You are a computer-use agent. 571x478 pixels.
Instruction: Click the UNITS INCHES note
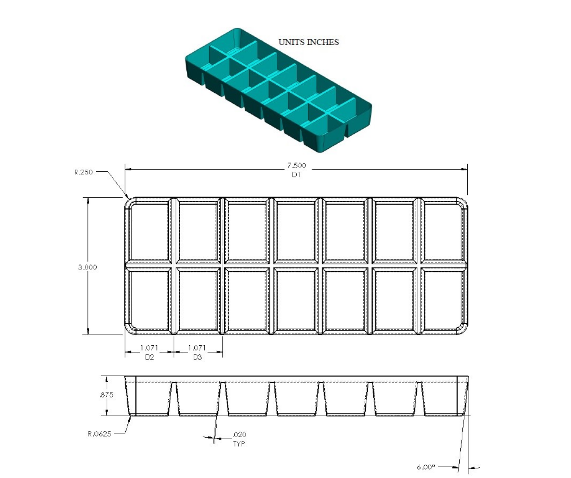[309, 42]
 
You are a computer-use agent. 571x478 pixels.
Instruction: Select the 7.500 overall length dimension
[296, 166]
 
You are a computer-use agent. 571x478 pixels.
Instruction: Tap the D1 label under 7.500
[296, 175]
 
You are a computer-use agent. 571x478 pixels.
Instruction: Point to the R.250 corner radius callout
[84, 172]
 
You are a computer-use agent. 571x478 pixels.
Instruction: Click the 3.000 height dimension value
[87, 267]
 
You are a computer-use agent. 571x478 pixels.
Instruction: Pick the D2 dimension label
[149, 357]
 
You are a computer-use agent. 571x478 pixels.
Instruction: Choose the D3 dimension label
[197, 357]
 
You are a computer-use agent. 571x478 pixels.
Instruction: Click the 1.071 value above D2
[149, 348]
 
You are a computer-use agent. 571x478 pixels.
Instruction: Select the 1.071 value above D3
[197, 348]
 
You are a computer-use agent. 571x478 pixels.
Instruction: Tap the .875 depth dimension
[106, 395]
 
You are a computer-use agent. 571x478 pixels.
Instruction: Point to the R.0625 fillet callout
[98, 434]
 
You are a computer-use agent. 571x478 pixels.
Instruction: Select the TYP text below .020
[239, 444]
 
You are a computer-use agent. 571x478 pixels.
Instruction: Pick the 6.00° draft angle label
[426, 467]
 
